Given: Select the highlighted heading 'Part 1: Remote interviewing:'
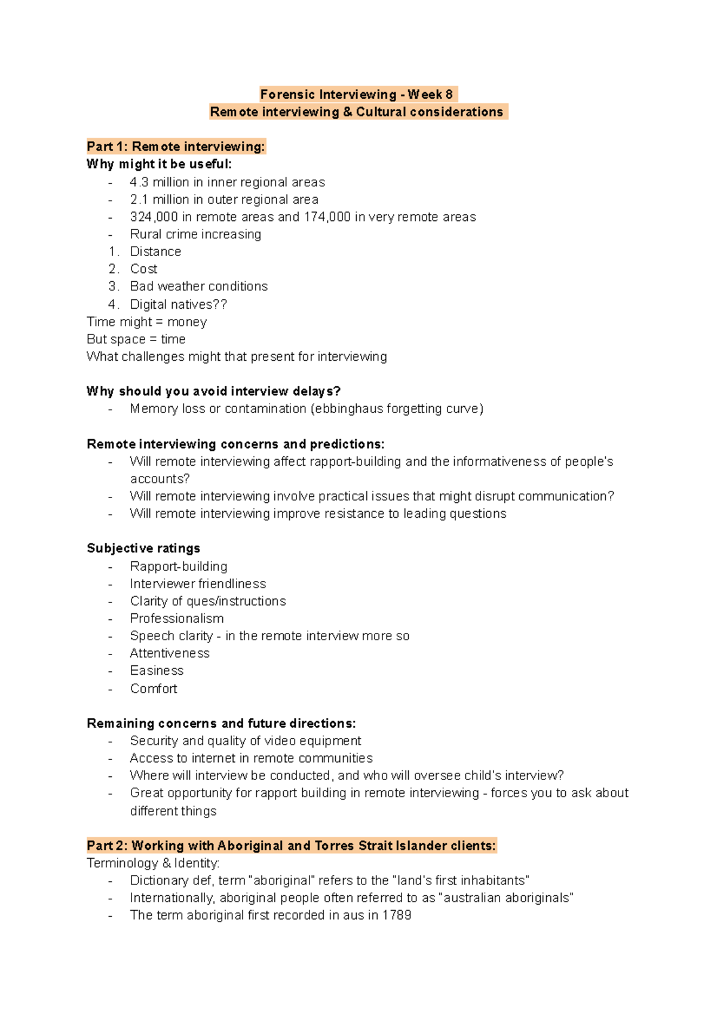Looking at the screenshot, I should click(x=176, y=147).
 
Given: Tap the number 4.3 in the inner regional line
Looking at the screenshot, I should click(x=139, y=182).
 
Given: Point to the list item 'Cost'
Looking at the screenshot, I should click(x=143, y=269).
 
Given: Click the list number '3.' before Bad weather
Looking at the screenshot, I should click(x=114, y=287).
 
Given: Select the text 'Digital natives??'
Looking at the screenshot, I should click(x=178, y=305).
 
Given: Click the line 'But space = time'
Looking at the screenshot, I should click(x=136, y=339).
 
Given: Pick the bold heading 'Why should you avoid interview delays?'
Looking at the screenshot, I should click(x=213, y=392).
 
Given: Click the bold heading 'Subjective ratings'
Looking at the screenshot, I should click(x=143, y=548).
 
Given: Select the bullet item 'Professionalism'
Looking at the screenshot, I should click(x=177, y=619).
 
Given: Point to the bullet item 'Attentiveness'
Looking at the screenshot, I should click(x=170, y=653).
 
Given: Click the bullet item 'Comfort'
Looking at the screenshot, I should click(x=154, y=689).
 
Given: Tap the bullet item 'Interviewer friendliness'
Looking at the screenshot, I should click(x=198, y=584).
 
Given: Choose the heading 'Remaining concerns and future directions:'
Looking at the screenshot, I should click(x=221, y=724).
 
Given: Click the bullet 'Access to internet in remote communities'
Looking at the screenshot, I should click(x=251, y=758).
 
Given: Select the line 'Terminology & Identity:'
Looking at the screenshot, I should click(x=153, y=864).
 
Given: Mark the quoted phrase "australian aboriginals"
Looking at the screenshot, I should click(x=506, y=898).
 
